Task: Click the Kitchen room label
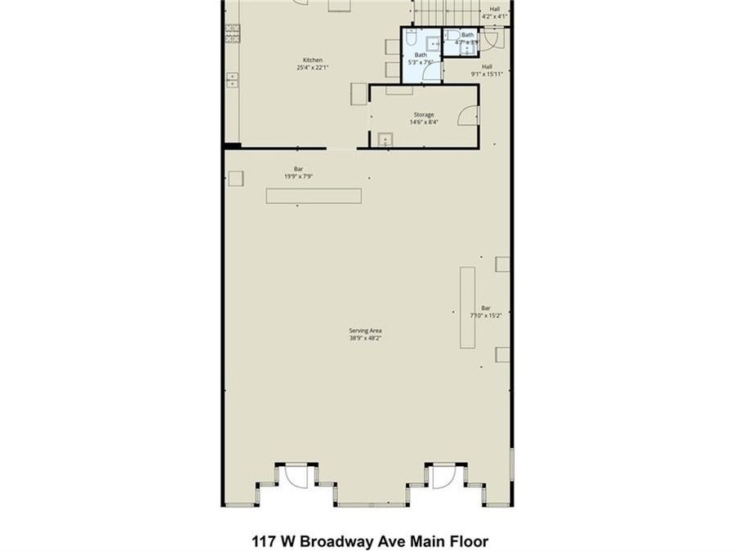(x=313, y=60)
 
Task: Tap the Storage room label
(x=422, y=115)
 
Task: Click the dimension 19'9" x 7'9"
(x=299, y=176)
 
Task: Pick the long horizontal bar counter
(x=314, y=196)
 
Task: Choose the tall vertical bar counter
(x=468, y=307)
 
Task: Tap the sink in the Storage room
(x=385, y=139)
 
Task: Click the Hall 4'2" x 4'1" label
(x=495, y=12)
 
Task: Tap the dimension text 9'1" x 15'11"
(x=487, y=73)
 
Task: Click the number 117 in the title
(x=262, y=540)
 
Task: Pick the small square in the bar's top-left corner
(x=236, y=178)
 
